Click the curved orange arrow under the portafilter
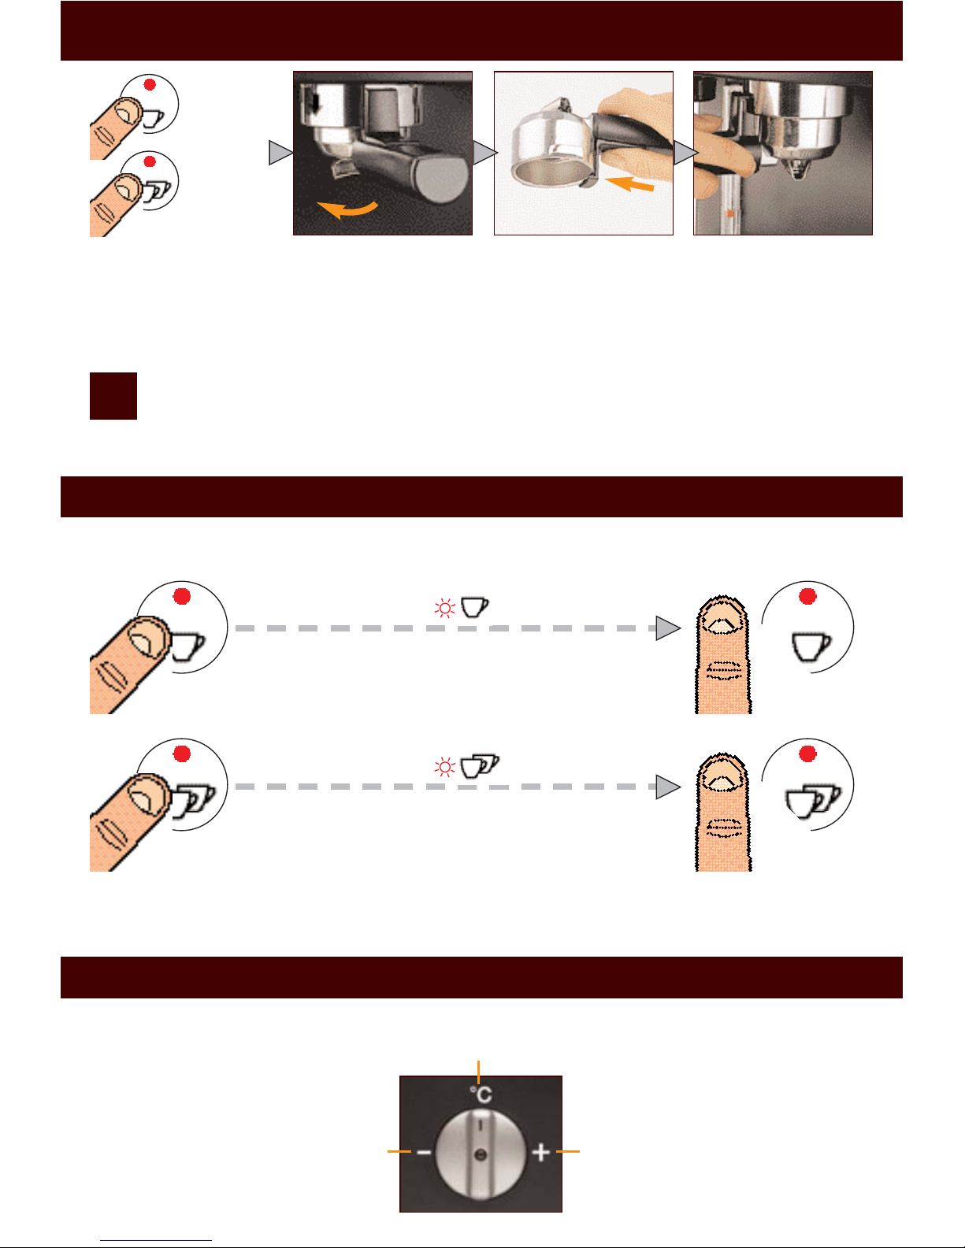[347, 210]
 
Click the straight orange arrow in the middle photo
[629, 183]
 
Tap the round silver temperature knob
[481, 1154]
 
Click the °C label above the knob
[481, 1094]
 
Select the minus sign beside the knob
[423, 1152]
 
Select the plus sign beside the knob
[540, 1151]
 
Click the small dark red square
[113, 396]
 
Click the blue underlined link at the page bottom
[156, 1241]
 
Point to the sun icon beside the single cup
[444, 608]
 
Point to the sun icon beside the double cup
[444, 767]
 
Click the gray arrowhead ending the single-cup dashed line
[668, 628]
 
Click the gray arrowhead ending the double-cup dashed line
[668, 787]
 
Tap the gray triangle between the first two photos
[485, 153]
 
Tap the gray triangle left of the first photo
[281, 153]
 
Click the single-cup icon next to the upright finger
[811, 647]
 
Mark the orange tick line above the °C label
[478, 1072]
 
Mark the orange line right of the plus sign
[568, 1151]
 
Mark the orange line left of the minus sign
[399, 1151]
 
